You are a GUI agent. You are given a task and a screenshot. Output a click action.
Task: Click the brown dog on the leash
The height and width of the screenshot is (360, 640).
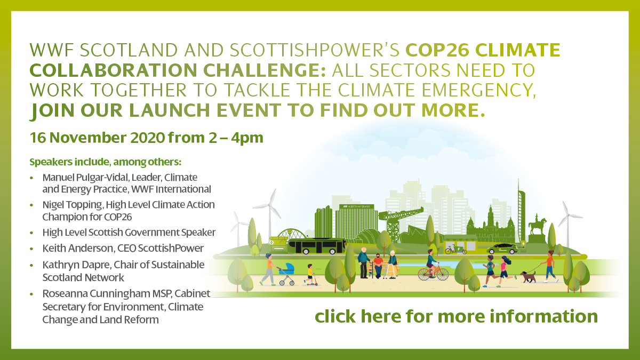click(x=527, y=277)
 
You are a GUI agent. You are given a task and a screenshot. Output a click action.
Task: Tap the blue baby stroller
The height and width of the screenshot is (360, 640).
click(x=286, y=274)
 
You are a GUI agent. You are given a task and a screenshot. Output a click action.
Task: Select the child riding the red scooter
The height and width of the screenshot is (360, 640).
click(x=310, y=275)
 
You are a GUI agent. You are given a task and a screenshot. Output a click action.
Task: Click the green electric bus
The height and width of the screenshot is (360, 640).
click(x=316, y=246)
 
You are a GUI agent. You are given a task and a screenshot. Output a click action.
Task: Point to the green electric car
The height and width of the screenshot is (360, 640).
click(x=502, y=249)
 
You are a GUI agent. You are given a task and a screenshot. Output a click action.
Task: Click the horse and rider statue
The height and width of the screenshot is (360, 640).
click(x=537, y=225)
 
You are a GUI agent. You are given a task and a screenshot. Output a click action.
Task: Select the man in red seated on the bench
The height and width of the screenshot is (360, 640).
click(x=378, y=266)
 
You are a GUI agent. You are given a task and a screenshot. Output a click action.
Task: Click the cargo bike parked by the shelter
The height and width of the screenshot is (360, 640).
click(x=455, y=250)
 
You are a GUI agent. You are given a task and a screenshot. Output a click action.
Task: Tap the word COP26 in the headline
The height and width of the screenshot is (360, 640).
click(x=437, y=50)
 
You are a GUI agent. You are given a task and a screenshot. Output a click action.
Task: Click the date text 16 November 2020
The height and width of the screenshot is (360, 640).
click(x=98, y=138)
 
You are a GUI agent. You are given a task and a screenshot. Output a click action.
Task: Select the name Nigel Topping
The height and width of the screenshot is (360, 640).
click(x=72, y=205)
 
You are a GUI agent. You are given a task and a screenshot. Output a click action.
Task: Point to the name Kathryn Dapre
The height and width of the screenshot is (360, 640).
click(x=75, y=265)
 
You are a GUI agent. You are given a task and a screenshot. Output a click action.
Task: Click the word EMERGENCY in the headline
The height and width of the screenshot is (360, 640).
click(x=478, y=90)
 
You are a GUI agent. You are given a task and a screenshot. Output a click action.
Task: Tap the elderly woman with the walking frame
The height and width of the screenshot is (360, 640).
click(x=393, y=265)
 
